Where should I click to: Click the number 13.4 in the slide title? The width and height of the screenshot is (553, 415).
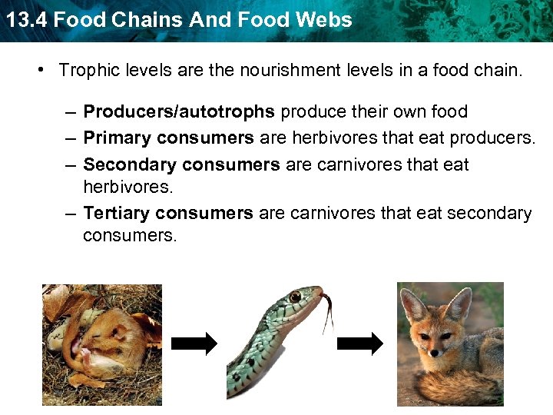click(21, 19)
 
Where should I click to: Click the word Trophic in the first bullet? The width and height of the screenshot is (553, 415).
click(85, 71)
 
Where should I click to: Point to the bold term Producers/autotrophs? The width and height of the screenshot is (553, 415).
click(179, 112)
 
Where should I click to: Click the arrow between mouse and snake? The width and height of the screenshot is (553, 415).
click(194, 344)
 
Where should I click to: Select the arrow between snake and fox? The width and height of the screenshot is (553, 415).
click(360, 344)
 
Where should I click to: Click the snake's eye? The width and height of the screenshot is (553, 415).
click(296, 297)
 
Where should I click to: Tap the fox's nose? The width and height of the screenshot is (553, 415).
click(435, 352)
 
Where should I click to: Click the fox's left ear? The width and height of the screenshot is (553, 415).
click(415, 305)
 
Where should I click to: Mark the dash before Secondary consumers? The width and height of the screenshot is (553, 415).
click(70, 164)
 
